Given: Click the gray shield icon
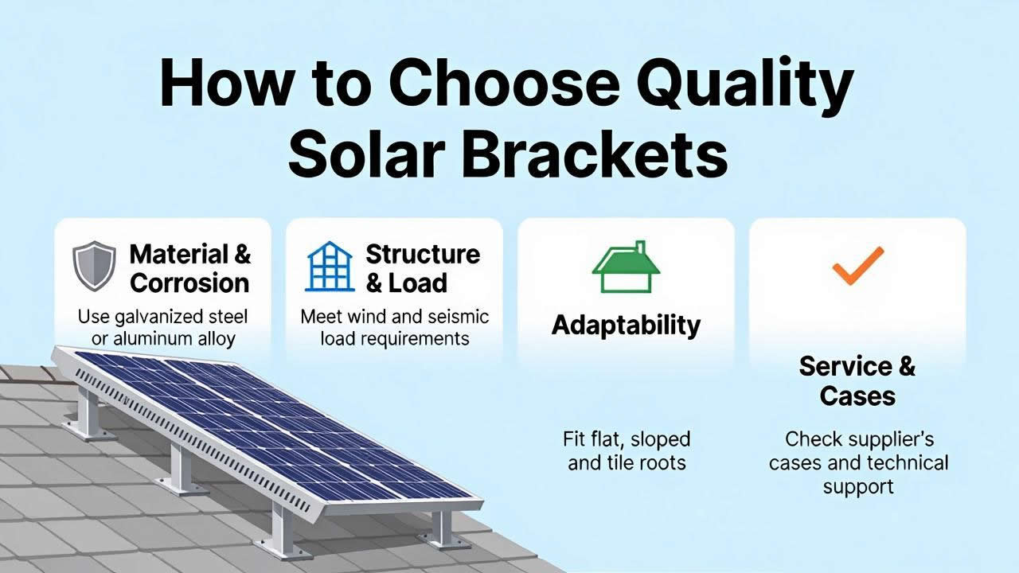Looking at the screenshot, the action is tap(94, 266).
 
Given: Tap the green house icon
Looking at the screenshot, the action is tap(626, 267).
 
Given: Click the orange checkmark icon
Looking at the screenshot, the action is tap(858, 266).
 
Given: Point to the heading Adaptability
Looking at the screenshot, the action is tap(626, 325).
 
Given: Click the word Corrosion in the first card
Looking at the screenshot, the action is tap(189, 283).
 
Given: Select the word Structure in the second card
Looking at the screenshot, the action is tap(423, 254).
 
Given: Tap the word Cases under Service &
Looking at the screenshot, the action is tap(857, 396).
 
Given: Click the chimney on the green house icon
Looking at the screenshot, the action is tap(641, 248).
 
